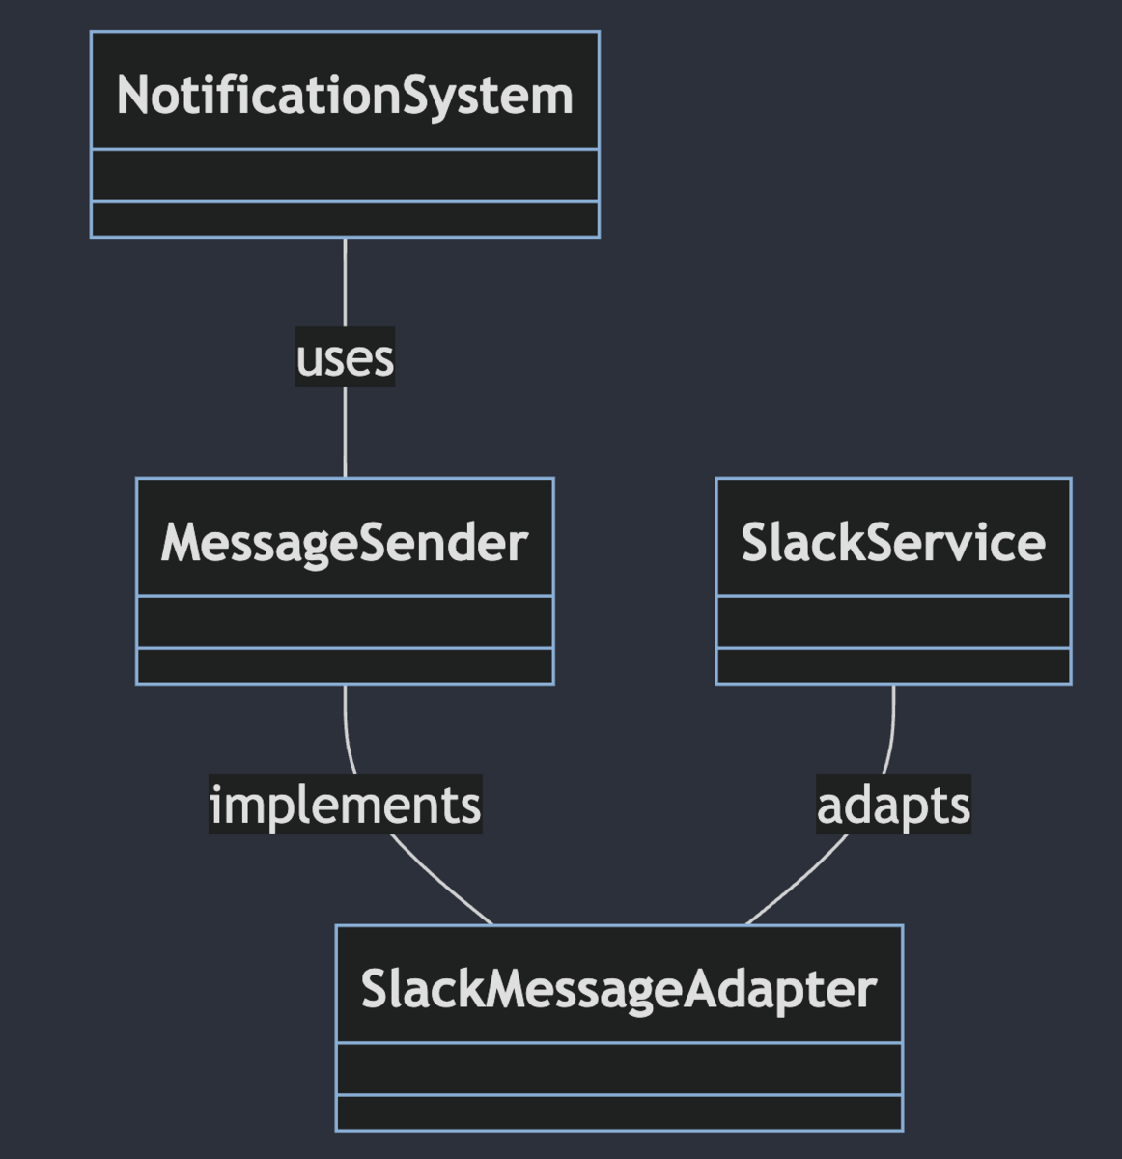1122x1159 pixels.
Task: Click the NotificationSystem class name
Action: pyautogui.click(x=345, y=96)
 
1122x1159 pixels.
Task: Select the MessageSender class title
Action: pyautogui.click(x=345, y=542)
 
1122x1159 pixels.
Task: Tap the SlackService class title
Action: pyautogui.click(x=893, y=542)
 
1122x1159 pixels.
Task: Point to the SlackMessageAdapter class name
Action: pyautogui.click(x=619, y=989)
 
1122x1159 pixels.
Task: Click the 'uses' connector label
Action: pyautogui.click(x=345, y=357)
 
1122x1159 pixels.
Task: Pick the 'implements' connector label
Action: pyautogui.click(x=345, y=805)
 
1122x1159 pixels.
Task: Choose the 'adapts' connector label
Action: pyautogui.click(x=893, y=805)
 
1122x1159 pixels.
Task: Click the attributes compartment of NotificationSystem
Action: pyautogui.click(x=345, y=175)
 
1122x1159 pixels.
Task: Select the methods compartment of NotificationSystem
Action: pyautogui.click(x=345, y=219)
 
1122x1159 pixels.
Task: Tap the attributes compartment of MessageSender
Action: pyautogui.click(x=345, y=622)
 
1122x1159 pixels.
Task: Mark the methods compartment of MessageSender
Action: pyautogui.click(x=345, y=666)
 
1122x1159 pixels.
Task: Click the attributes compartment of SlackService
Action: pyautogui.click(x=893, y=622)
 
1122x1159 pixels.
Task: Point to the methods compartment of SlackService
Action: pyautogui.click(x=893, y=666)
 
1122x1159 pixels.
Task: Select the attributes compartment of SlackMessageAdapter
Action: pyautogui.click(x=619, y=1069)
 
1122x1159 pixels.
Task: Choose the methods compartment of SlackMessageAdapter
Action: pyautogui.click(x=619, y=1113)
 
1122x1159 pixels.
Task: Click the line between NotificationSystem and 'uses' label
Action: pyautogui.click(x=345, y=282)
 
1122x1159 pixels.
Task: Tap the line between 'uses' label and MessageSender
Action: pyautogui.click(x=345, y=433)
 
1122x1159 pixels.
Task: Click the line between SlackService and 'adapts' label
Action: pyautogui.click(x=892, y=729)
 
